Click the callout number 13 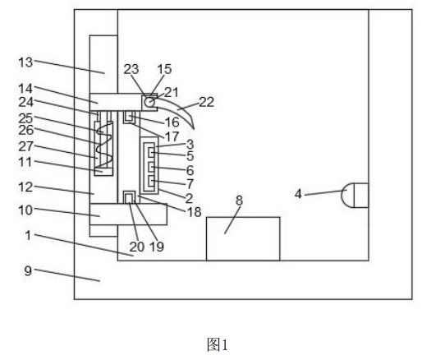tap(25, 62)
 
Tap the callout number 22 tap(206, 102)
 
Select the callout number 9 tap(28, 270)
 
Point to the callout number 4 tap(298, 194)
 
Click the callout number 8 tap(239, 201)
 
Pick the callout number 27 tap(25, 146)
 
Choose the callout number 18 tap(195, 212)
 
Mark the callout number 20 tap(137, 247)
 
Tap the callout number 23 tap(131, 69)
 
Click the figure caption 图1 tap(218, 344)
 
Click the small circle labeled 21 tap(149, 102)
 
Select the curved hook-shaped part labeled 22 tap(177, 111)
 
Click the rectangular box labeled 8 tap(243, 238)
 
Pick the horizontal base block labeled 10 tap(128, 215)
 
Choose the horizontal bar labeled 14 tap(116, 102)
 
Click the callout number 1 tap(28, 235)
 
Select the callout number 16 tap(172, 122)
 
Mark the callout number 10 tap(25, 210)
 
